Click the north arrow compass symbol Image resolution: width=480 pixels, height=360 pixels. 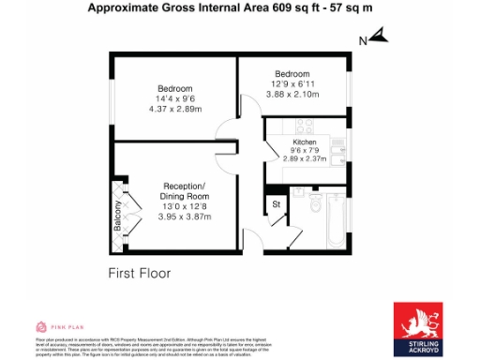point(376,37)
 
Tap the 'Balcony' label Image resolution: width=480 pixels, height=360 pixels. point(118,217)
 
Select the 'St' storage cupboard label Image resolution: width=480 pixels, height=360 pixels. point(277,203)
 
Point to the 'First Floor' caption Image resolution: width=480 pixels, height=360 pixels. point(139,274)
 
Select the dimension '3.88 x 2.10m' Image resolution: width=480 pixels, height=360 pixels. point(292,95)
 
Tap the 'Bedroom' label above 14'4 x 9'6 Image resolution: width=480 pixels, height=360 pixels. point(174,88)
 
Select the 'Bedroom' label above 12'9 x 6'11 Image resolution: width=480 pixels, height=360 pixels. point(292,74)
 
